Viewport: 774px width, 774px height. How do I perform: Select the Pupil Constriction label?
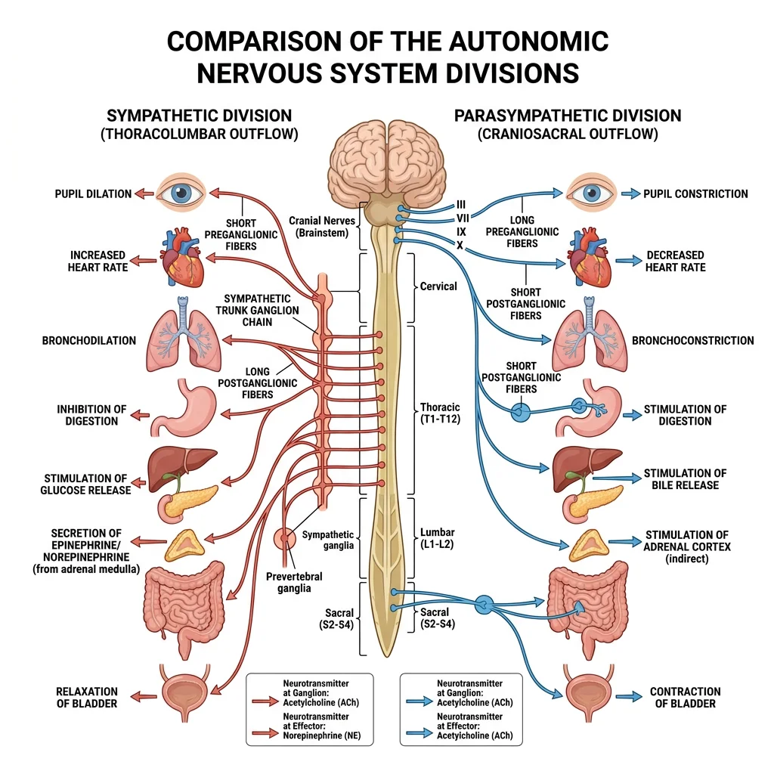695,193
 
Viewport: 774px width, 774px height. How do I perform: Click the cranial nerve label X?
459,246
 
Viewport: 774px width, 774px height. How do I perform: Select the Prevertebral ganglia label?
294,582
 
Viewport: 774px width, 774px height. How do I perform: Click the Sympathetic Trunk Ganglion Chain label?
261,311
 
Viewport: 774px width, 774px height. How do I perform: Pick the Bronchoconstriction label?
692,340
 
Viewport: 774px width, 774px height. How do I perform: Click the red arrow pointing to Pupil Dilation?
144,193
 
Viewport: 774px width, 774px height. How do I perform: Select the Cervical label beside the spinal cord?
438,286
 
